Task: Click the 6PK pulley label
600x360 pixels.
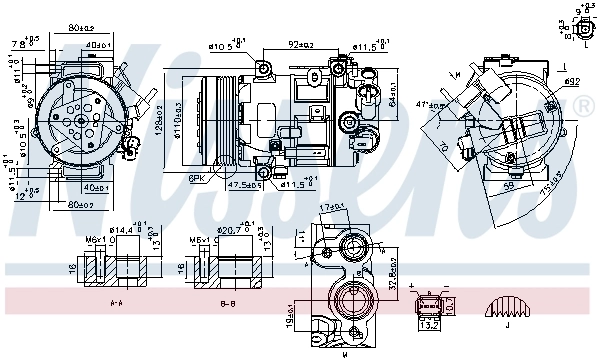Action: tap(197, 177)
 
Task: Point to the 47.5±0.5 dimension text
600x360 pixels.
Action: tap(245, 184)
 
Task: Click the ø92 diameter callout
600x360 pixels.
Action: tap(571, 80)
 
